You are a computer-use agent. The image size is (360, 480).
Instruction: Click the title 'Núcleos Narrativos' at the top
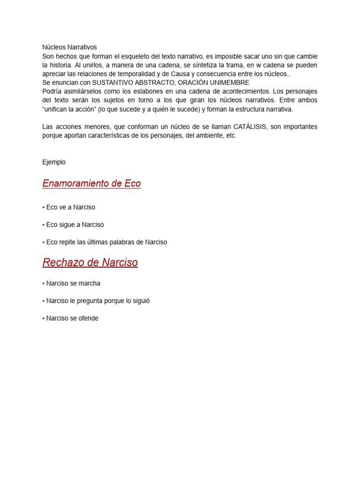click(x=69, y=47)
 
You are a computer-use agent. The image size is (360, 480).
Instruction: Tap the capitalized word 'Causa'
click(x=179, y=74)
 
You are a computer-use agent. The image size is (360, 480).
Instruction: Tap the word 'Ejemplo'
click(x=54, y=162)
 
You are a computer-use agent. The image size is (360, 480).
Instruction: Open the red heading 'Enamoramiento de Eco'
click(x=91, y=183)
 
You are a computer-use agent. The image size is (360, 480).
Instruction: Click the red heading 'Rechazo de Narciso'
click(x=90, y=262)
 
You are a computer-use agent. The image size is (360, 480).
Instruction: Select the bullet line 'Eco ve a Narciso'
click(x=70, y=207)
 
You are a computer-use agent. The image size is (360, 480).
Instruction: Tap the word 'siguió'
click(x=141, y=301)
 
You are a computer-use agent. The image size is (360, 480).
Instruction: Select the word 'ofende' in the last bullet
click(x=88, y=318)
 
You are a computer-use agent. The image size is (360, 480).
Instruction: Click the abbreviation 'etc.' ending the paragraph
click(x=231, y=135)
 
